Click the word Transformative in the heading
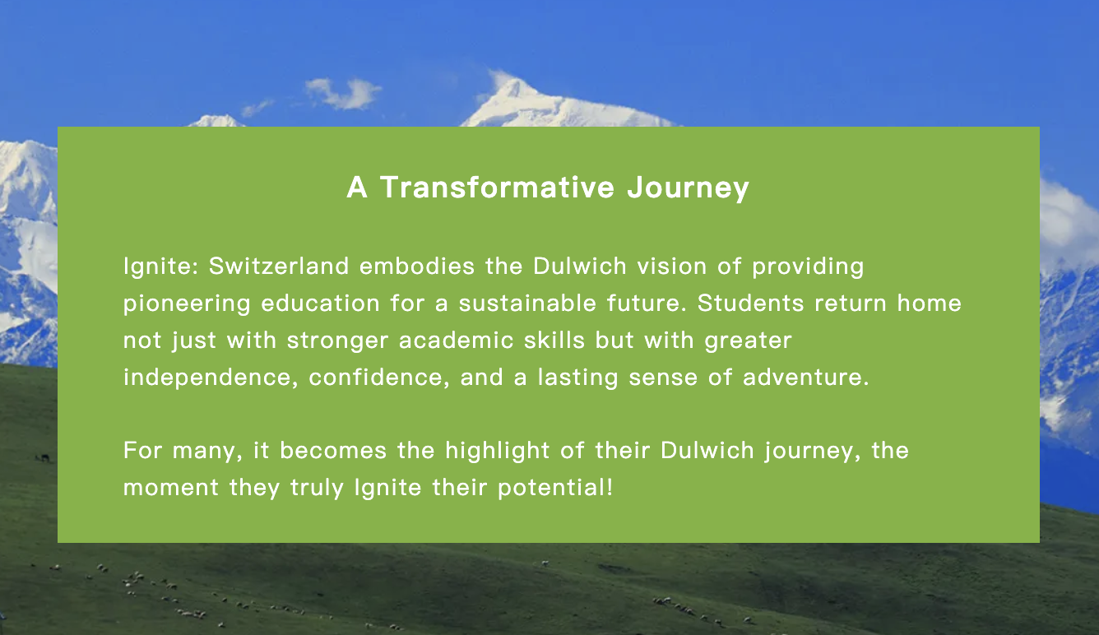tap(497, 188)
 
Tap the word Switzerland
tap(279, 267)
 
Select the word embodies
tap(417, 267)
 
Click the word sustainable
tap(527, 304)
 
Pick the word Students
tap(751, 304)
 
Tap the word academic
tap(457, 341)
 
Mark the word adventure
tap(805, 378)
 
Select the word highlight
tap(498, 452)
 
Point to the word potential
tap(555, 488)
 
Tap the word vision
tap(672, 267)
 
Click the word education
tap(320, 304)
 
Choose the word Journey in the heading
tap(688, 188)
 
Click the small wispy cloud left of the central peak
tap(343, 93)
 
